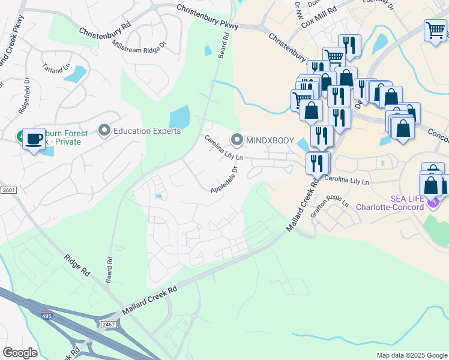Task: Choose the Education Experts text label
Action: click(147, 131)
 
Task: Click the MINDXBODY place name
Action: click(270, 140)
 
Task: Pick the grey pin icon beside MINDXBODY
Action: click(237, 140)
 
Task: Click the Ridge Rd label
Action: click(77, 265)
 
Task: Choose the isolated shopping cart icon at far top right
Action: click(435, 29)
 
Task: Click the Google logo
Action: click(20, 353)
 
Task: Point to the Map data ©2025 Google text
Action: click(411, 355)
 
